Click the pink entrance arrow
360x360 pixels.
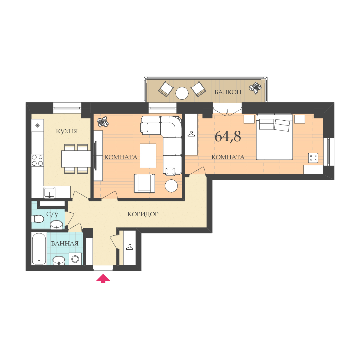[103, 278]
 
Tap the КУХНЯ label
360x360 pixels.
[67, 131]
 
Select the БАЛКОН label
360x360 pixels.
[228, 92]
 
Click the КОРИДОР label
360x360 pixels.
[143, 214]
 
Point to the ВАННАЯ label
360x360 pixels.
[65, 244]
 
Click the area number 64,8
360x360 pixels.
[228, 136]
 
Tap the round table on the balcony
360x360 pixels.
[182, 93]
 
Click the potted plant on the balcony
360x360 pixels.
[255, 88]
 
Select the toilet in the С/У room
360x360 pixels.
[38, 219]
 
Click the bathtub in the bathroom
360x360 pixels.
[39, 249]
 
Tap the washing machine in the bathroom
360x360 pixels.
[75, 259]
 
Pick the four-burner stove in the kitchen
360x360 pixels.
[37, 160]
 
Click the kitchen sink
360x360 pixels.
[49, 193]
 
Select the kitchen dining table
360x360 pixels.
[76, 159]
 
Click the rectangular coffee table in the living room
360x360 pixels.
[148, 156]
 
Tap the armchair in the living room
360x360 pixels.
[144, 184]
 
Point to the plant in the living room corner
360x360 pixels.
[102, 121]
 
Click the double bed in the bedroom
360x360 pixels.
[274, 137]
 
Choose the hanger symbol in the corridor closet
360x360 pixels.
[130, 247]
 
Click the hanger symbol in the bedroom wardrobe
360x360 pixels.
[191, 134]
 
